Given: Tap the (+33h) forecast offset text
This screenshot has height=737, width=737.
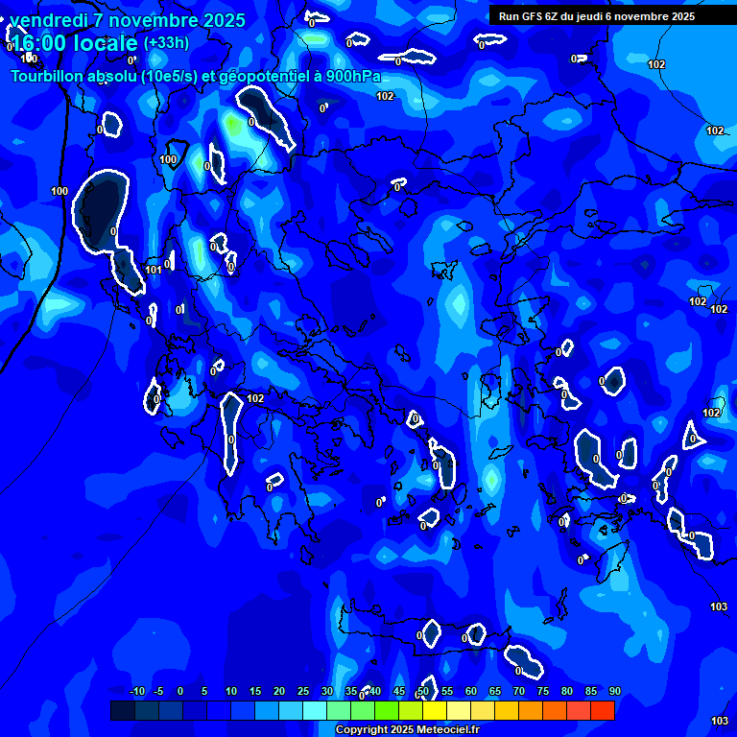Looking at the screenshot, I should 166,42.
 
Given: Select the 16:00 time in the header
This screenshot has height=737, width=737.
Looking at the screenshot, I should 37,43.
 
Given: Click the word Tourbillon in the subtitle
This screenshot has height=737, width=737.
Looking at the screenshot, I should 48,77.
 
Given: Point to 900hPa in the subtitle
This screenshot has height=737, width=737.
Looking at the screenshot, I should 353,77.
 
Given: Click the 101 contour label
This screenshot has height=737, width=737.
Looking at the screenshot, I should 154,270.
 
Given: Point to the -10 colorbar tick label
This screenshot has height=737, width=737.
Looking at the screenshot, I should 136,692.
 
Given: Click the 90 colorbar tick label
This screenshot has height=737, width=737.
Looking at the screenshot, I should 614,692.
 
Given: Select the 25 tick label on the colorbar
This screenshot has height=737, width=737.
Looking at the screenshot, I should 303,692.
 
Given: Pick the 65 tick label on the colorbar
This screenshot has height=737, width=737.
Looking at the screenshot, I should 495,692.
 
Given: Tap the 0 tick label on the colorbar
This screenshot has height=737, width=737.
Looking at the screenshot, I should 180,692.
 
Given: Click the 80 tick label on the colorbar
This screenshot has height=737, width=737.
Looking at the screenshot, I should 567,692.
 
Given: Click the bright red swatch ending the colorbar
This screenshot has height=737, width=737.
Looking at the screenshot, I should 602,710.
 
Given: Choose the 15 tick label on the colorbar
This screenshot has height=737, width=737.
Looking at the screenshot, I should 255,692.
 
